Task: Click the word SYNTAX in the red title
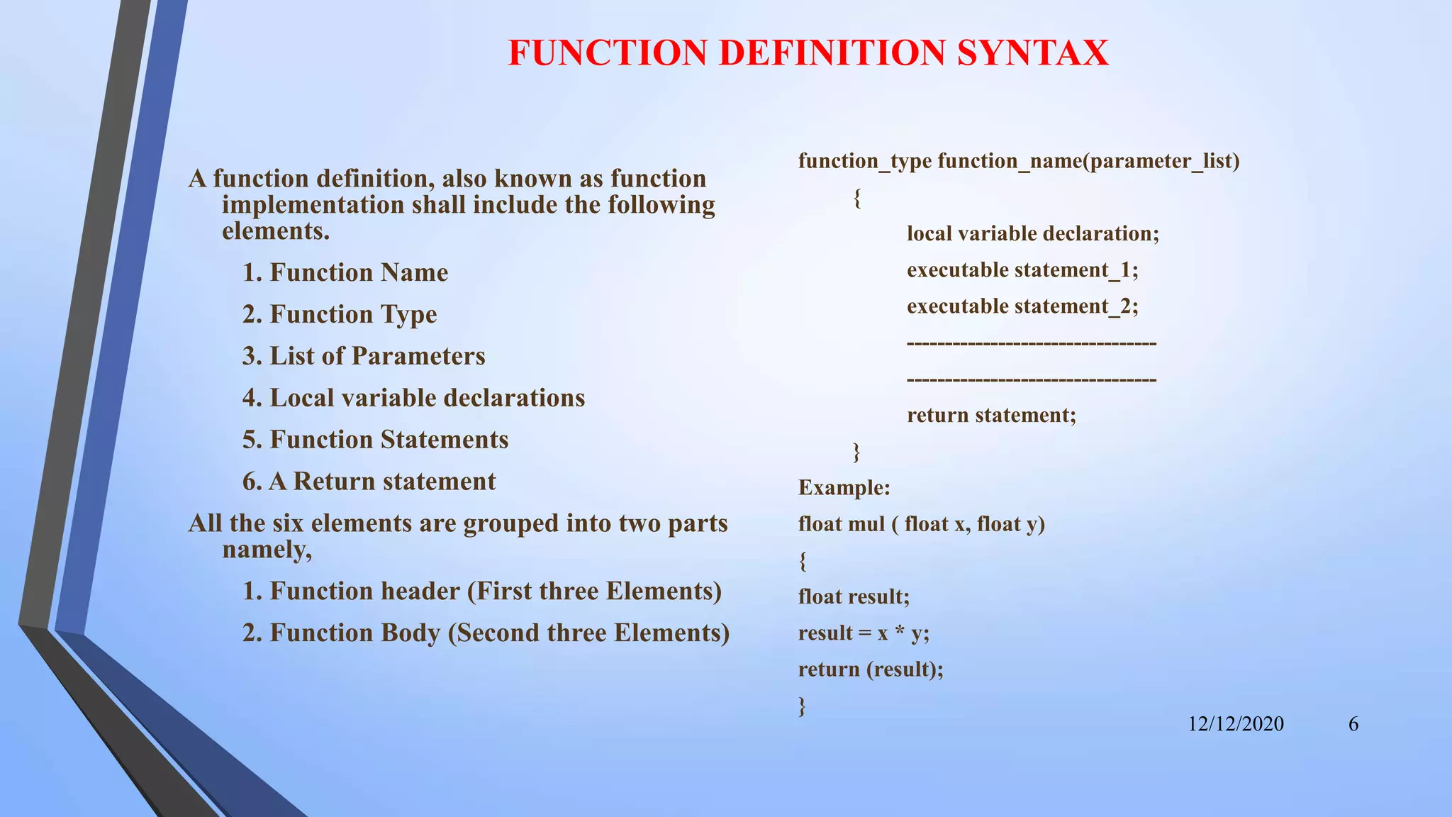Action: pyautogui.click(x=1032, y=53)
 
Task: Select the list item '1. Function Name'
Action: pyautogui.click(x=345, y=272)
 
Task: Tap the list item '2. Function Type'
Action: pyautogui.click(x=340, y=314)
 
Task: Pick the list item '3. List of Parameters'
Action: pyautogui.click(x=364, y=356)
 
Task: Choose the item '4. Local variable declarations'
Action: pyautogui.click(x=413, y=398)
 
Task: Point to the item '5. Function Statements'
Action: pyautogui.click(x=375, y=440)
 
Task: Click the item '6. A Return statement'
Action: pyautogui.click(x=369, y=482)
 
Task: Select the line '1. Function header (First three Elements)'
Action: pyautogui.click(x=481, y=591)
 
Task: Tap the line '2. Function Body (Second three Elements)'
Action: pyautogui.click(x=486, y=633)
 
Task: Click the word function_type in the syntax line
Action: pyautogui.click(x=865, y=161)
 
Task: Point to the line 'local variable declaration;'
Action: pyautogui.click(x=1033, y=233)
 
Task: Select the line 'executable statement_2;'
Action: pyautogui.click(x=1022, y=306)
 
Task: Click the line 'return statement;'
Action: pyautogui.click(x=991, y=415)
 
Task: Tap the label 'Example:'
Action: pyautogui.click(x=844, y=488)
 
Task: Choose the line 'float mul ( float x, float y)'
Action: pyautogui.click(x=921, y=524)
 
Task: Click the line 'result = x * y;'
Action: pyautogui.click(x=864, y=633)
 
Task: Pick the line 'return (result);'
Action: pyautogui.click(x=871, y=669)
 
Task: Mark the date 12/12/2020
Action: pyautogui.click(x=1236, y=724)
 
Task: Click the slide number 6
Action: pyautogui.click(x=1353, y=724)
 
